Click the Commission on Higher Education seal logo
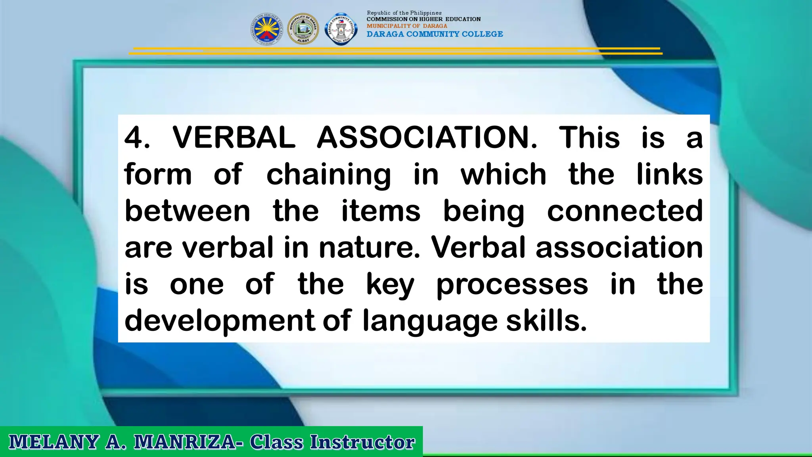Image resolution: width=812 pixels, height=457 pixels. point(266,29)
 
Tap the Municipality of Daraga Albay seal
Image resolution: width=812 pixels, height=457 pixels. point(303,29)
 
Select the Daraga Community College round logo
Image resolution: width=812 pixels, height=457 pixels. point(341,29)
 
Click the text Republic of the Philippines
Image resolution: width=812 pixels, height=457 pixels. point(404,13)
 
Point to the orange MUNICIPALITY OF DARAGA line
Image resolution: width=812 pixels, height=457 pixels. point(406,26)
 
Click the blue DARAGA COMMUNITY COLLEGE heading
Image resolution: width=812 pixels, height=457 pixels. point(435,34)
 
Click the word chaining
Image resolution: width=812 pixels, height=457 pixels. point(328,175)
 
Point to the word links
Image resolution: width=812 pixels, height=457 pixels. point(670,174)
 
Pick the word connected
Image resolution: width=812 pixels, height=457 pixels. point(625,211)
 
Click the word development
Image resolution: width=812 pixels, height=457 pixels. point(220,321)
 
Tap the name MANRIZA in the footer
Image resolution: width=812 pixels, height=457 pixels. point(185,442)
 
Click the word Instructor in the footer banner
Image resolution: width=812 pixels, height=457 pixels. point(362,442)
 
